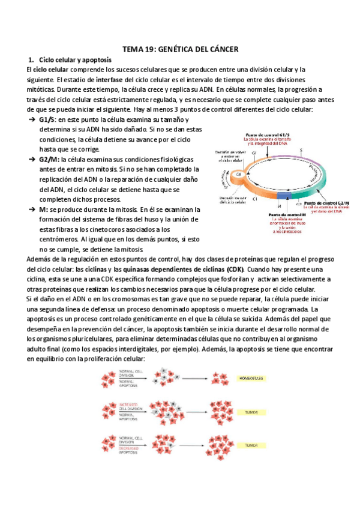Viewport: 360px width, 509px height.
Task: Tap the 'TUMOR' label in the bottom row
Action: tap(251, 445)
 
